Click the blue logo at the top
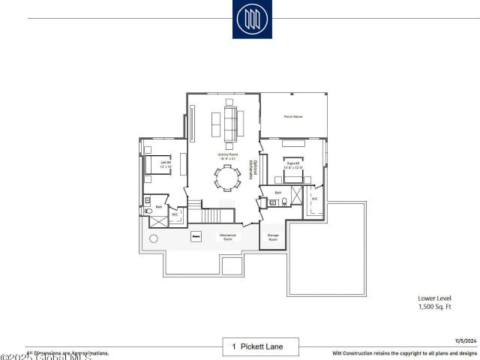[252, 19]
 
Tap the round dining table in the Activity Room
[227, 178]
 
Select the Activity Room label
[227, 156]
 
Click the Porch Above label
[293, 116]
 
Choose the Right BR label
[293, 164]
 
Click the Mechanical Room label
[228, 236]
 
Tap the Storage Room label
[273, 237]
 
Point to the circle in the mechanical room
[154, 238]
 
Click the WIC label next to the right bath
[315, 199]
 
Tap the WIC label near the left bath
[175, 214]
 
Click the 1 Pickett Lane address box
[260, 346]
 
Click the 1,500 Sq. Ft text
[436, 307]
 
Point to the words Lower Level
[434, 298]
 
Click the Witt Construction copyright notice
[404, 352]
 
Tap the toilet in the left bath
[147, 211]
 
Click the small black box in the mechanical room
[196, 236]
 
